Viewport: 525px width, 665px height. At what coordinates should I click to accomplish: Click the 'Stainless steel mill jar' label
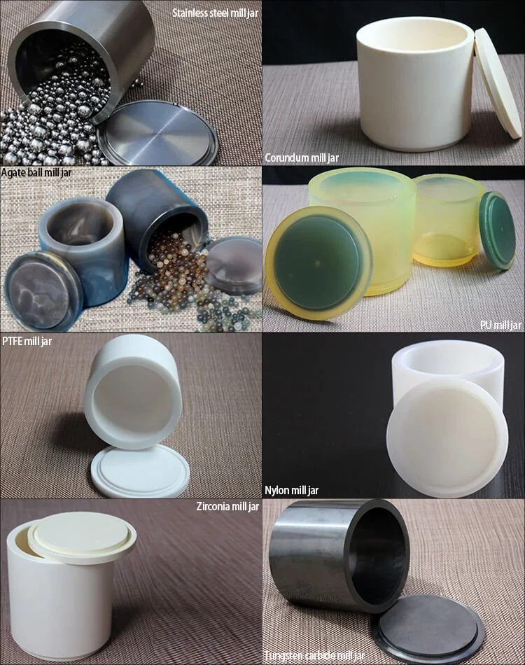coord(215,13)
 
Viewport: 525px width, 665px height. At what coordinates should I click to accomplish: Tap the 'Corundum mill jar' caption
coord(302,157)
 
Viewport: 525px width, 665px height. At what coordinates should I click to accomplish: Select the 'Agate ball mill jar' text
coord(36,173)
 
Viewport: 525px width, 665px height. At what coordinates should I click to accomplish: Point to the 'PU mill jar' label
coord(500,325)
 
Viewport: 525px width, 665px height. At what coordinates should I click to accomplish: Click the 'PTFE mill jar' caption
coord(27,341)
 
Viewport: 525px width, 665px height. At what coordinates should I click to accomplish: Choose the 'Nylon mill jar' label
coord(291,490)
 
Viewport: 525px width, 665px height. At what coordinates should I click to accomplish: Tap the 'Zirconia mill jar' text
coord(227,506)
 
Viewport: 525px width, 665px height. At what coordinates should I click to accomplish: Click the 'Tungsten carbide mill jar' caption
coord(314,657)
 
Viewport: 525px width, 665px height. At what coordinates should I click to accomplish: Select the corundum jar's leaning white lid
coord(498,83)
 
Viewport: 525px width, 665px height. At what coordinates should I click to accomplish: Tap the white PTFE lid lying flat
coord(140,471)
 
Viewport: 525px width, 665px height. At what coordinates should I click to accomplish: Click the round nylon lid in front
coord(447,437)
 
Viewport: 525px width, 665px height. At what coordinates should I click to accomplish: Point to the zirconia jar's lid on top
coord(82,537)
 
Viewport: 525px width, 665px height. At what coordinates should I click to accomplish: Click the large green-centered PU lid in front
coord(318,262)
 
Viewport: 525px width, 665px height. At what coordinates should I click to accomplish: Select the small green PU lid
coord(498,230)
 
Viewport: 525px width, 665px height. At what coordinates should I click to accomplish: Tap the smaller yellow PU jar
coord(447,220)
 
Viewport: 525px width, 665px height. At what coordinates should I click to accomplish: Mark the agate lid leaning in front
coord(43,290)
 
